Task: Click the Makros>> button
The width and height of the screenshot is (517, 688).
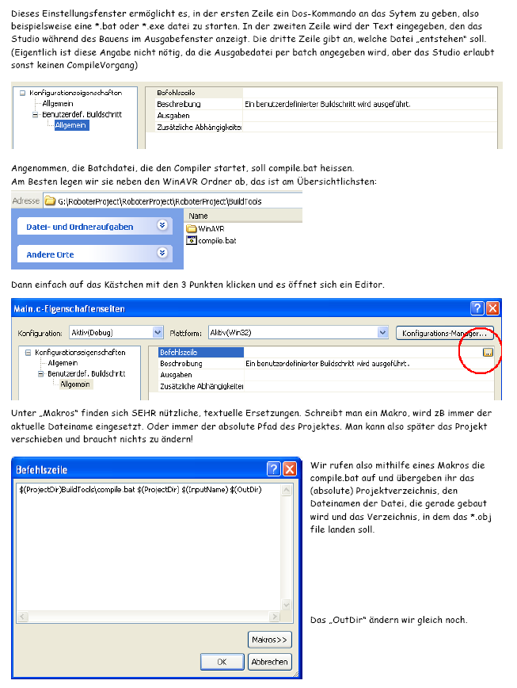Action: pyautogui.click(x=270, y=639)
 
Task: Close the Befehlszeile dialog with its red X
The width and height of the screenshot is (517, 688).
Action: pyautogui.click(x=289, y=468)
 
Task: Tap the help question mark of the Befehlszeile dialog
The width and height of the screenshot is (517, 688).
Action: pyautogui.click(x=273, y=468)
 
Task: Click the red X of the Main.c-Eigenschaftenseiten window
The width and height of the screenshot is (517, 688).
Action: pyautogui.click(x=492, y=308)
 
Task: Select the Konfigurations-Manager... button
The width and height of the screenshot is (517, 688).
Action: pyautogui.click(x=445, y=333)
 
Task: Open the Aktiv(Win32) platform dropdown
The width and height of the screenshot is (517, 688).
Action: pyautogui.click(x=382, y=333)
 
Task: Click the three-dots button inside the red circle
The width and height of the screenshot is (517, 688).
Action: pyautogui.click(x=488, y=352)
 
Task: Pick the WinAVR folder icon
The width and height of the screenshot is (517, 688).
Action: pyautogui.click(x=192, y=228)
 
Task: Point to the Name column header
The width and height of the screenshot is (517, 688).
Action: pyautogui.click(x=199, y=216)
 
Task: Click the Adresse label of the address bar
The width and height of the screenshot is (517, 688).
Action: pyautogui.click(x=26, y=201)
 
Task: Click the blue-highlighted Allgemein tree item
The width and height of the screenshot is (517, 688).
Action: pyautogui.click(x=71, y=125)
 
